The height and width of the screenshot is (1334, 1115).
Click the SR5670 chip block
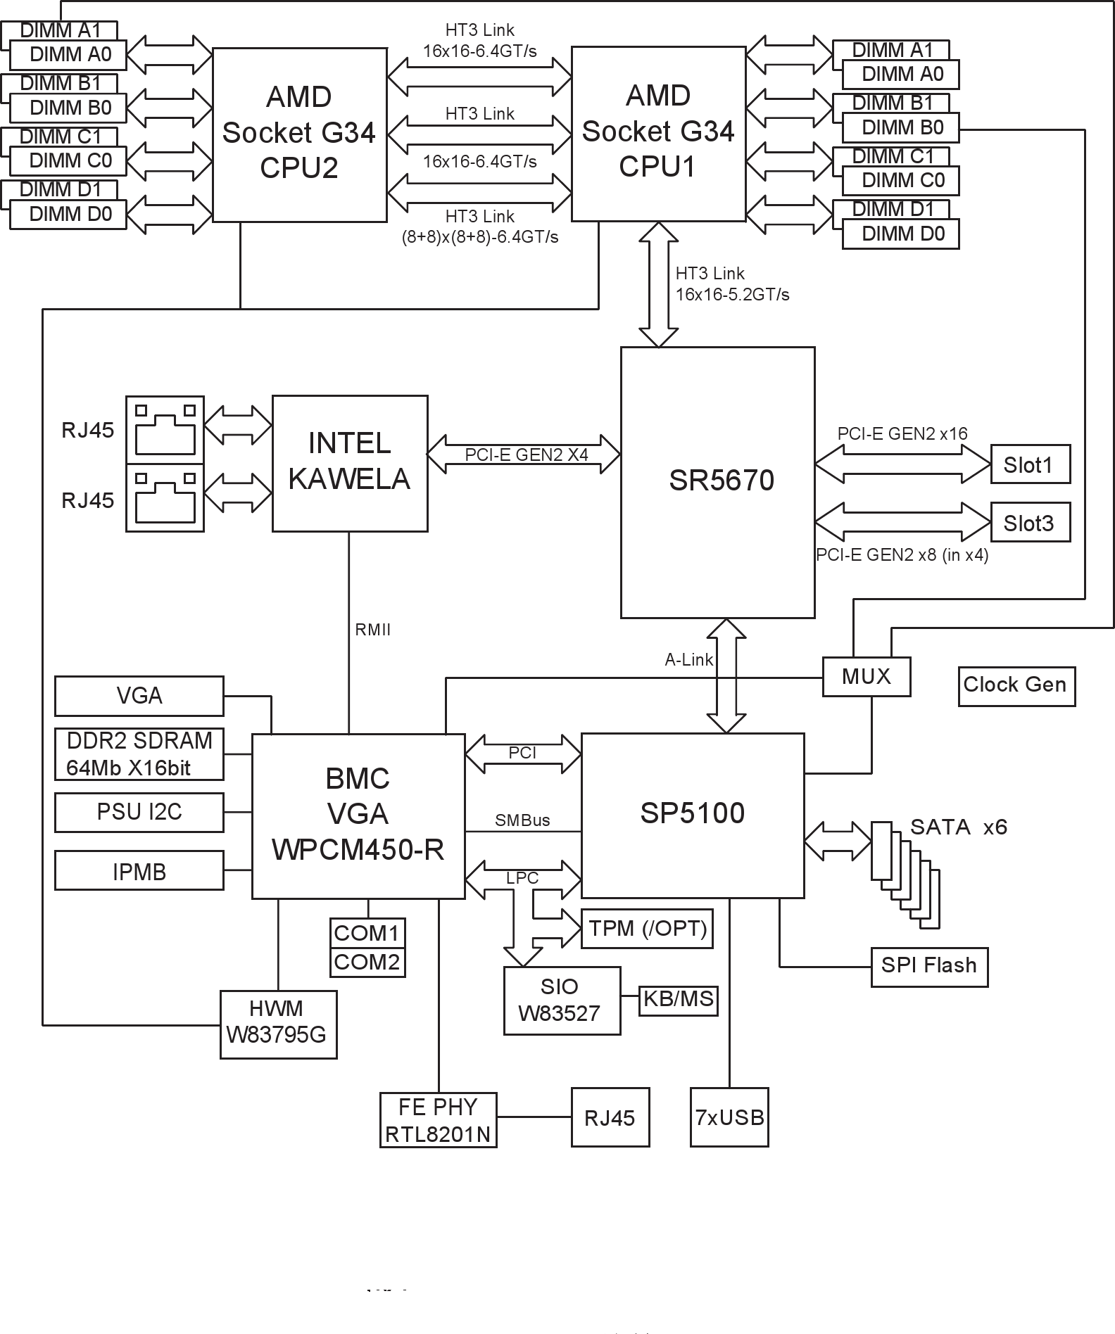pyautogui.click(x=717, y=482)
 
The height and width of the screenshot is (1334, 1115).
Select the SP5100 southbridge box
pyautogui.click(x=692, y=815)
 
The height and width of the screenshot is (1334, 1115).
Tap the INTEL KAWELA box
pyautogui.click(x=350, y=463)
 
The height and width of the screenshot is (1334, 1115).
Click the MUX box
pyautogui.click(x=866, y=677)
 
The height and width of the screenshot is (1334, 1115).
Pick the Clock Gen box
pyautogui.click(x=1015, y=685)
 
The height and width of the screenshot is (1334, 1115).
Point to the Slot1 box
pyautogui.click(x=1029, y=464)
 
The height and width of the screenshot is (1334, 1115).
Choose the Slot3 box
pyautogui.click(x=1029, y=523)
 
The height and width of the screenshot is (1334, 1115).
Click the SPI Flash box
pyautogui.click(x=928, y=966)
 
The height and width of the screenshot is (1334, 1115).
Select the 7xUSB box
pyautogui.click(x=729, y=1117)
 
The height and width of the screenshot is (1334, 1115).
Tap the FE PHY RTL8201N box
pyautogui.click(x=438, y=1120)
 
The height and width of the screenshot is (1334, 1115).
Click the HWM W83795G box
pyautogui.click(x=278, y=1024)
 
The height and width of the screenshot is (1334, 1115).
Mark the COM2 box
pyautogui.click(x=367, y=963)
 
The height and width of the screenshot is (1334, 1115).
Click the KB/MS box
pyautogui.click(x=678, y=1000)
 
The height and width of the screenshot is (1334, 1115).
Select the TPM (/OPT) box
pyautogui.click(x=647, y=929)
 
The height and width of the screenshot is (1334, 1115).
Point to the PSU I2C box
pyautogui.click(x=139, y=813)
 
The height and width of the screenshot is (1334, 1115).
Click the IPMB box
pyautogui.click(x=139, y=872)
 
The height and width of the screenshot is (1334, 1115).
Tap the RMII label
pyautogui.click(x=372, y=630)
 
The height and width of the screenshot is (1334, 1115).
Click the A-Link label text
pyautogui.click(x=688, y=660)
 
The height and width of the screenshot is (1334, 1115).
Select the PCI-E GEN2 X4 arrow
pyautogui.click(x=524, y=455)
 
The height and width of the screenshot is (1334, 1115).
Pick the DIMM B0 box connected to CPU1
pyautogui.click(x=901, y=128)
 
